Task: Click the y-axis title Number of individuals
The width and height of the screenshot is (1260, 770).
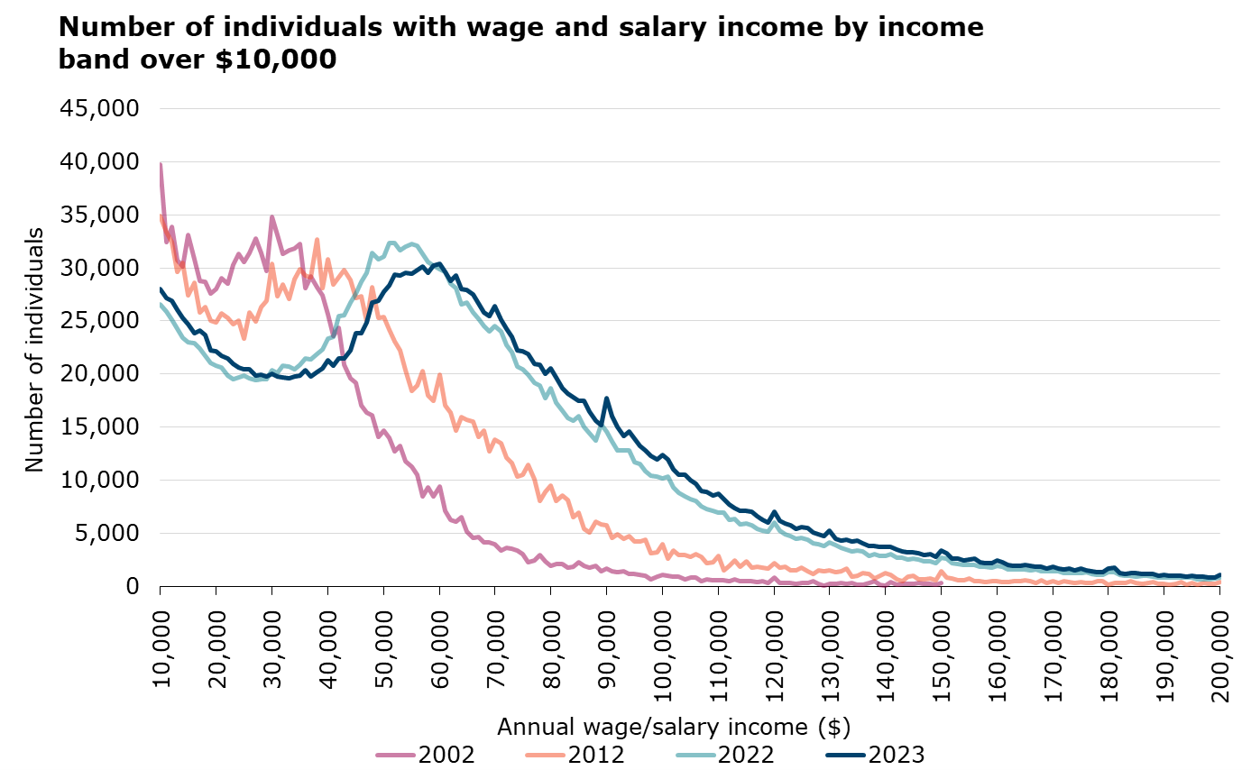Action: (34, 348)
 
